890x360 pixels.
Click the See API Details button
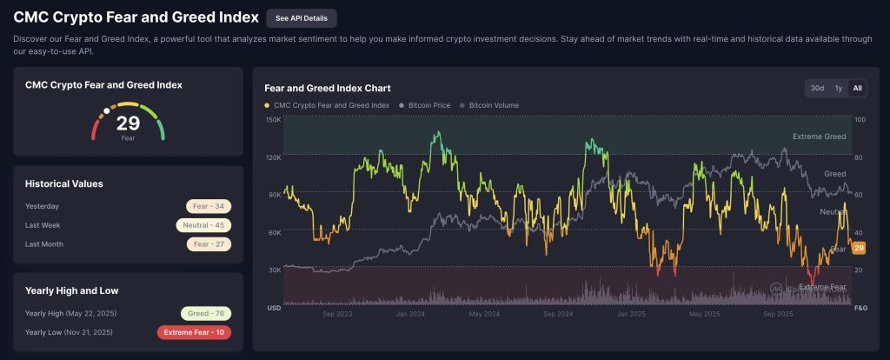pyautogui.click(x=301, y=18)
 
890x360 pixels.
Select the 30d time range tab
pyautogui.click(x=817, y=88)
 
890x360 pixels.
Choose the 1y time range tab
pyautogui.click(x=839, y=88)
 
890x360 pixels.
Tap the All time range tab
pyautogui.click(x=857, y=88)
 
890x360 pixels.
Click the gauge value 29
pyautogui.click(x=128, y=123)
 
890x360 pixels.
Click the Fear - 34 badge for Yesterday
pyautogui.click(x=209, y=206)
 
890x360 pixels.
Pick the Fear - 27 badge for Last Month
pyautogui.click(x=209, y=244)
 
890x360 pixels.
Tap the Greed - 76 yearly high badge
pyautogui.click(x=205, y=313)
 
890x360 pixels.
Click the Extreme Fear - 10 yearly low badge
pyautogui.click(x=194, y=332)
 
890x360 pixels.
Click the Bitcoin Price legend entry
pyautogui.click(x=425, y=105)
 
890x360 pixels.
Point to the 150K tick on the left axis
pyautogui.click(x=272, y=120)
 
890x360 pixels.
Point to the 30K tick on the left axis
pyautogui.click(x=274, y=270)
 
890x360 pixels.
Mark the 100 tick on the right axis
pyautogui.click(x=860, y=120)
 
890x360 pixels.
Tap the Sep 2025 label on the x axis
pyautogui.click(x=777, y=313)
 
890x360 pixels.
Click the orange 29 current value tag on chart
pyautogui.click(x=859, y=249)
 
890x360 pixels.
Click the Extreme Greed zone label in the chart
pyautogui.click(x=819, y=137)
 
